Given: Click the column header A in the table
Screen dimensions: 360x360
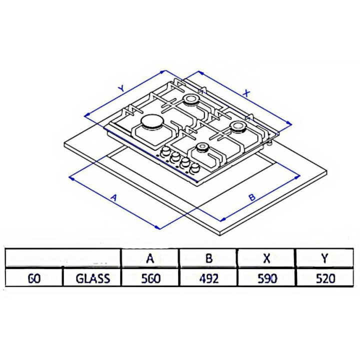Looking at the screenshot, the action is click(x=150, y=258).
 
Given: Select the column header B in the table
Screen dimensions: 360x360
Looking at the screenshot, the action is click(x=208, y=258).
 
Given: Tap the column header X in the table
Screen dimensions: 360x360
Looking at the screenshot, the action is click(x=266, y=258).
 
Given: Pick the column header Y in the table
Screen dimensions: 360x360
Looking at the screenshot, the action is click(x=325, y=258).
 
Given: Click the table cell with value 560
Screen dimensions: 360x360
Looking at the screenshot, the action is click(x=150, y=278).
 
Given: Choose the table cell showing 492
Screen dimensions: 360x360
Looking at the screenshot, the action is click(x=209, y=278).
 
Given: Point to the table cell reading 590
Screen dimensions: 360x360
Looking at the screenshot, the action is click(x=267, y=278).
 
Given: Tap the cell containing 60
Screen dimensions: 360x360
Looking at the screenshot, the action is click(x=34, y=278).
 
